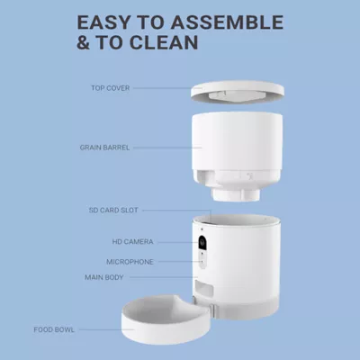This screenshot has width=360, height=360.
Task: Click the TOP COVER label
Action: (112, 88)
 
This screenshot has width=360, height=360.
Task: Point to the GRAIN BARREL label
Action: (105, 145)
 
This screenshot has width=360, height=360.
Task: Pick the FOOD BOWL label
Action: (81, 329)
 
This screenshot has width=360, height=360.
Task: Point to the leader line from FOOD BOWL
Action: (112, 329)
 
